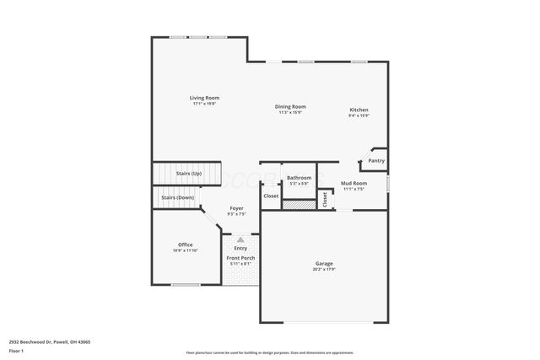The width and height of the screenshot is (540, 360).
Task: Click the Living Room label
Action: pos(204,98)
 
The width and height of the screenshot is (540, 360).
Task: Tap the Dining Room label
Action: pos(290,106)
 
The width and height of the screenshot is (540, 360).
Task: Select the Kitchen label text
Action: pos(359,110)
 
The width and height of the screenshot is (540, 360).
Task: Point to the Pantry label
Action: pos(376,160)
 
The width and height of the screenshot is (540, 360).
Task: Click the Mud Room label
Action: pos(353,183)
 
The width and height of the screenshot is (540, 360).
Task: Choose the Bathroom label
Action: pos(299,177)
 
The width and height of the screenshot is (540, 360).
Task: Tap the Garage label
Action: pos(324,264)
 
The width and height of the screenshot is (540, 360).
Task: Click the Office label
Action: pos(185,244)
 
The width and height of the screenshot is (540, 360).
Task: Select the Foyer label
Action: pos(236,207)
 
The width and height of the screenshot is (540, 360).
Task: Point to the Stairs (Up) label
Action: pos(188,173)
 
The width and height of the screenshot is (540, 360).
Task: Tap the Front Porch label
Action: pos(240,258)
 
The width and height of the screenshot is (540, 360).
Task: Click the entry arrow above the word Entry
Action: pos(240,240)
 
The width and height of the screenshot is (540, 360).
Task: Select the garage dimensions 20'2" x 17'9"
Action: pos(324,270)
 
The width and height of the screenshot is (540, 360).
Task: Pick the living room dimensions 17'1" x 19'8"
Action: pos(204,104)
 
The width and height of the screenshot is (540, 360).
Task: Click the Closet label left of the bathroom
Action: pos(271,196)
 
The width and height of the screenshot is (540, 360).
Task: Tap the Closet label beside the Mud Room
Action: pos(324,199)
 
